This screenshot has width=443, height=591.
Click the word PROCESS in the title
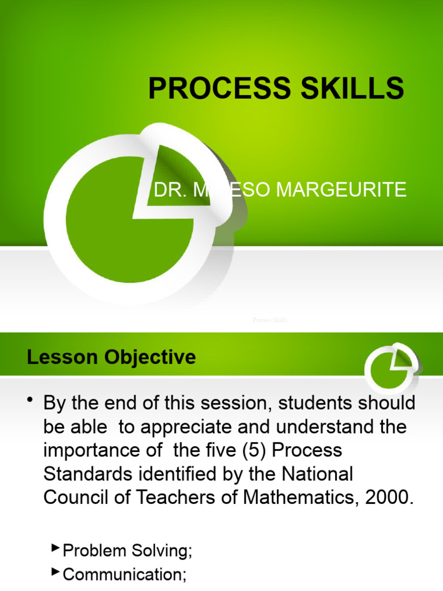point(216,89)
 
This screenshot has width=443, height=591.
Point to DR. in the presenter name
point(170,189)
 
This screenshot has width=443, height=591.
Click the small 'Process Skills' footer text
point(269,320)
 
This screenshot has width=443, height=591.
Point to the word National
point(318,474)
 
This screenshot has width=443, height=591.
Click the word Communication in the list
point(122,574)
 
